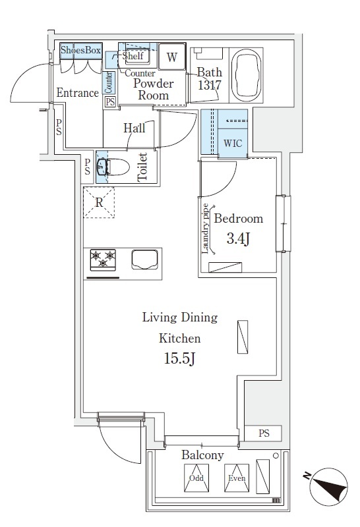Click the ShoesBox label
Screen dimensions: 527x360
tap(80, 50)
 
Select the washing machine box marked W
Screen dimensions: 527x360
tap(171, 57)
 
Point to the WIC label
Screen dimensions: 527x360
tap(232, 143)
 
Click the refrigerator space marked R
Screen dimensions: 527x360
tap(99, 203)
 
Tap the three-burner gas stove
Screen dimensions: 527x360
tap(103, 260)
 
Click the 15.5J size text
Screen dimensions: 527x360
tap(179, 360)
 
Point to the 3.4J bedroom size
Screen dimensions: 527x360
tap(238, 239)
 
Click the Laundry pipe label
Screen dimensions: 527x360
tap(206, 229)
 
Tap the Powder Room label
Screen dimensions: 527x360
tap(154, 90)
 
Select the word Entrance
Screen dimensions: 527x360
tap(77, 93)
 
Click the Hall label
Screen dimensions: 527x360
tap(135, 128)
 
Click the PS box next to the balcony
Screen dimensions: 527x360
tap(264, 433)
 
